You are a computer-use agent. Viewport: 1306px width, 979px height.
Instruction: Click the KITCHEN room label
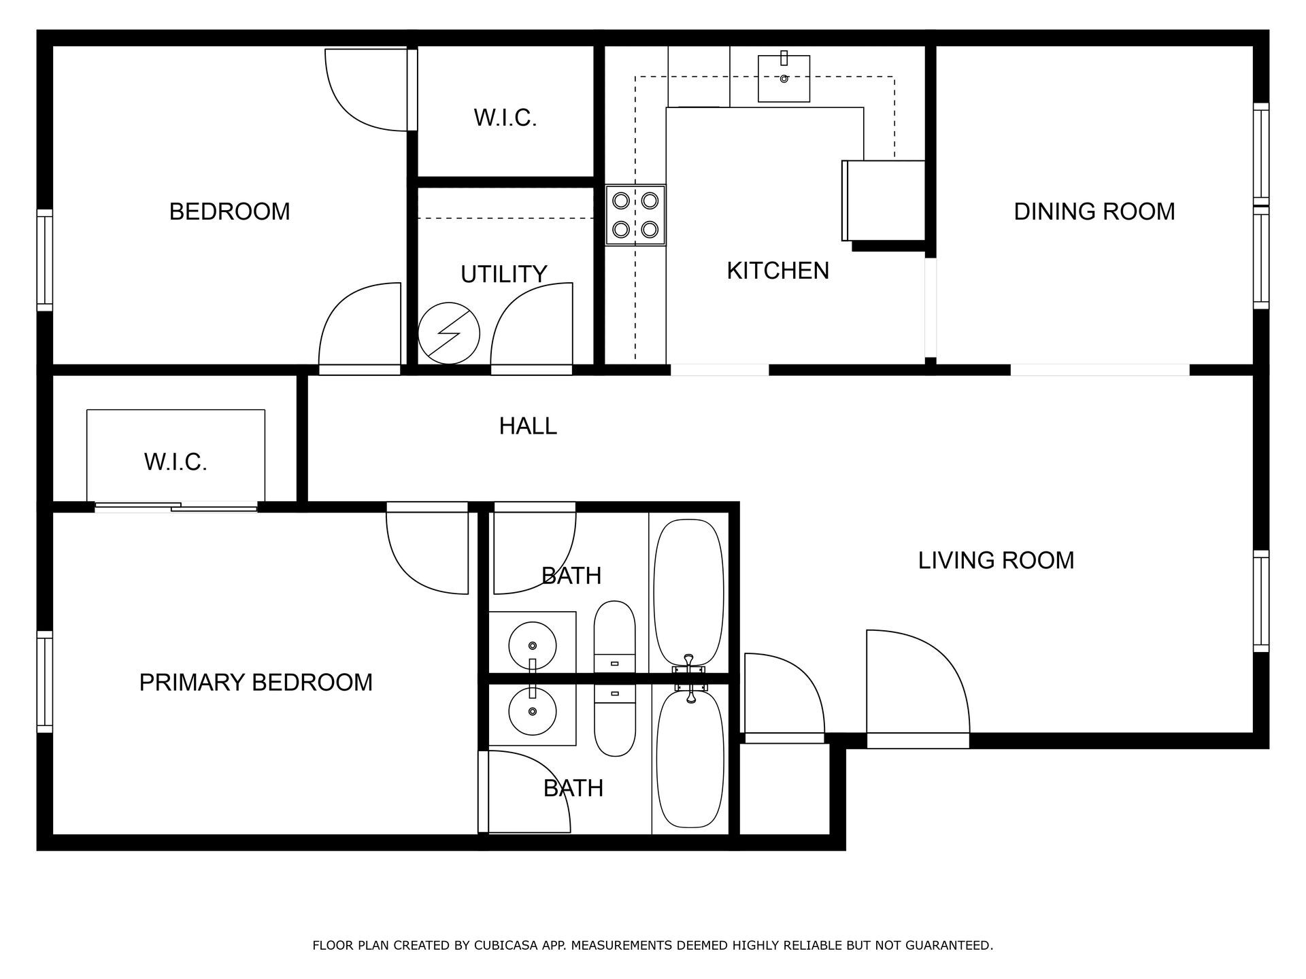[x=777, y=271]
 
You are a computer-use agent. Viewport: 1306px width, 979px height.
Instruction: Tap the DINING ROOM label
[x=1094, y=211]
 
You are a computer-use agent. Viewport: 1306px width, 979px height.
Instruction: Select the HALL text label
[x=528, y=426]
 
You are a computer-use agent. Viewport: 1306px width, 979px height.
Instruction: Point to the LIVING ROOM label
[x=996, y=560]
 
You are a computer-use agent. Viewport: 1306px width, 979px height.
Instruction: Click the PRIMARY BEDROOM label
[x=256, y=682]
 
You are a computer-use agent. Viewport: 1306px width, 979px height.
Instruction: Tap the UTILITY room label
[x=503, y=274]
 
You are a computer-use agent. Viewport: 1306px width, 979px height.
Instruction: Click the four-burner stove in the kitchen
[x=636, y=215]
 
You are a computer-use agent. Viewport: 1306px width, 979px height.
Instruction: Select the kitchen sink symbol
[x=784, y=79]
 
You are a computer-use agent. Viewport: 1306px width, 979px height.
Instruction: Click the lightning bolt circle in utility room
[x=448, y=333]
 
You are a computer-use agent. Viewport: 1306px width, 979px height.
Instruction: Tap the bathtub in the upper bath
[x=688, y=591]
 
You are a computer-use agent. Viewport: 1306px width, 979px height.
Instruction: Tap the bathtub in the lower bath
[x=690, y=759]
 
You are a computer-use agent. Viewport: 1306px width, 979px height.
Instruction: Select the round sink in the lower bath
[x=533, y=711]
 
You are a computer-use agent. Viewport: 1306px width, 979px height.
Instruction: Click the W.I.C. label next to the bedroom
[x=505, y=118]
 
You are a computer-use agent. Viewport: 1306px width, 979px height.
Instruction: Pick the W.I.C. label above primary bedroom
[x=175, y=462]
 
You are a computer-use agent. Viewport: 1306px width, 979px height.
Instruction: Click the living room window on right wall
[x=1261, y=601]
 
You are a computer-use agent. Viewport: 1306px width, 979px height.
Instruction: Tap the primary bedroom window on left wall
[x=45, y=682]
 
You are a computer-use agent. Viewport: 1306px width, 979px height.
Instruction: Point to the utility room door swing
[x=531, y=326]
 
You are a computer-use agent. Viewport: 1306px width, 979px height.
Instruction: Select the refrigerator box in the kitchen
[x=883, y=200]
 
